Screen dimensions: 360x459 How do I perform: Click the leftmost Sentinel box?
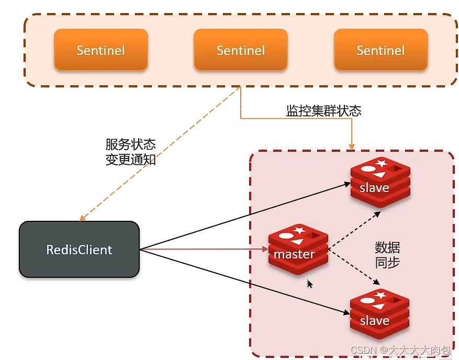tap(101, 50)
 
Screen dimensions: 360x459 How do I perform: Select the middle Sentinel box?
tap(241, 50)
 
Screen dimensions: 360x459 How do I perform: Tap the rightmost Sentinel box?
tap(380, 50)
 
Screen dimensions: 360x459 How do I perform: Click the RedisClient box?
tap(79, 250)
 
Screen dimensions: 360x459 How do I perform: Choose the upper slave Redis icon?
tap(379, 181)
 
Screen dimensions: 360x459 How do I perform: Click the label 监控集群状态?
tap(323, 111)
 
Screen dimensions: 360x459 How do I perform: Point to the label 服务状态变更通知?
tap(130, 152)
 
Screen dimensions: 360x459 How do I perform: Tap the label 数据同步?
tap(387, 255)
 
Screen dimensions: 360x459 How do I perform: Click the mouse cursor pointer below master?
tap(310, 284)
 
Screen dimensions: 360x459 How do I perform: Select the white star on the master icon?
tap(299, 230)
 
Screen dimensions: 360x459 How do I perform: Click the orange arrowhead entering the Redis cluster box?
tap(352, 145)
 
